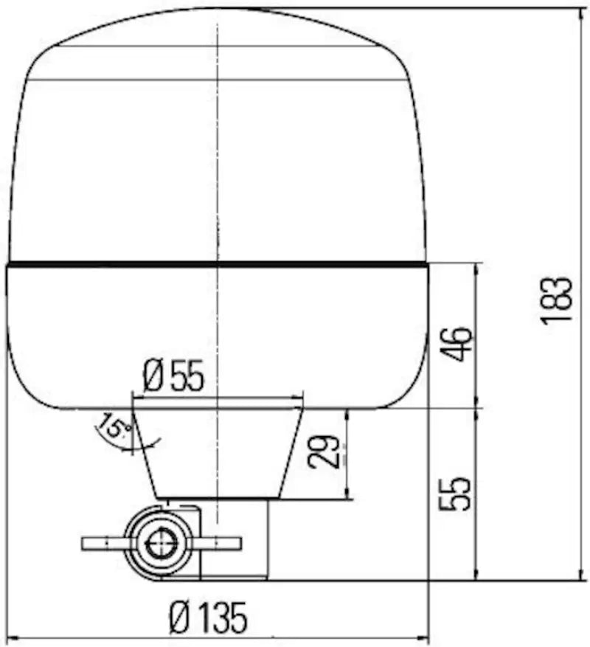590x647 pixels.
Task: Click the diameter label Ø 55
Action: [x=173, y=377]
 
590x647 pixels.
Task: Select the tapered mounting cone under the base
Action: [x=218, y=450]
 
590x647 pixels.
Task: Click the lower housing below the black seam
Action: [x=218, y=332]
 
